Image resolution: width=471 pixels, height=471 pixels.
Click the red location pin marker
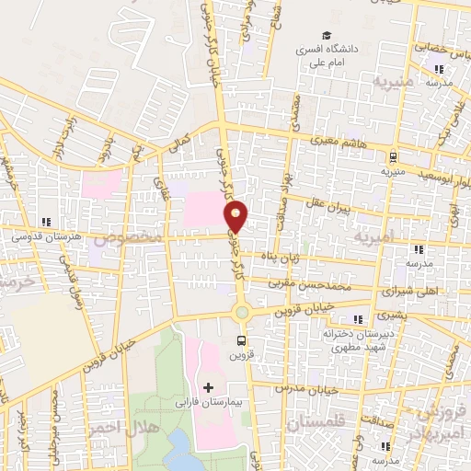tap(236, 217)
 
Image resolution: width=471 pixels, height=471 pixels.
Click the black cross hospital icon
tap(208, 386)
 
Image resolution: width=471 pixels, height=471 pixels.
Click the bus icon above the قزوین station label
tap(241, 340)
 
